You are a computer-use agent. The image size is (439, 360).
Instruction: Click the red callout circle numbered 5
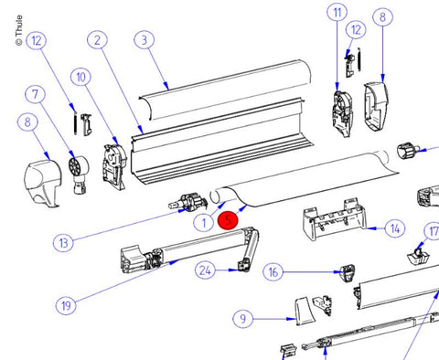[x=228, y=221]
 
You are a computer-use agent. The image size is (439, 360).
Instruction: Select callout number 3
[x=145, y=39]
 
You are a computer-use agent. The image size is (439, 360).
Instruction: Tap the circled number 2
[x=97, y=40]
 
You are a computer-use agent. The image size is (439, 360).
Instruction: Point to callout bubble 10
[x=80, y=78]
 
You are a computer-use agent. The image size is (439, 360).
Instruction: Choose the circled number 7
[x=36, y=94]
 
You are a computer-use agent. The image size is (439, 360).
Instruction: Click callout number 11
[x=337, y=12]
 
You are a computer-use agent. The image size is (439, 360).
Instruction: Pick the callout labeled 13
[x=63, y=243]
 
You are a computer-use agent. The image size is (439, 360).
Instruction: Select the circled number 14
[x=395, y=228]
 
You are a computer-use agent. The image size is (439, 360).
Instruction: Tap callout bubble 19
[x=66, y=305]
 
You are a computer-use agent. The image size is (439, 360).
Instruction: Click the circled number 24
[x=205, y=270]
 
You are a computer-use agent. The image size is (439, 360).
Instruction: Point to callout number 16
[x=273, y=272]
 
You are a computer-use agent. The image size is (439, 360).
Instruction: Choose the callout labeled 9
[x=242, y=319]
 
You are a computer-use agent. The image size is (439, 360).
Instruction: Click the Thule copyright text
[x=19, y=30]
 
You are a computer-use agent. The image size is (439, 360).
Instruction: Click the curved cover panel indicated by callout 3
[x=226, y=89]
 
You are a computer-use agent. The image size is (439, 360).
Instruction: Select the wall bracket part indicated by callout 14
[x=335, y=218]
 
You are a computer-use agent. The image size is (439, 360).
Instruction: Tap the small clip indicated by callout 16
[x=348, y=273]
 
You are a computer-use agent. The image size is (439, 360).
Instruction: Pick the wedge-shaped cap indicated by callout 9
[x=305, y=311]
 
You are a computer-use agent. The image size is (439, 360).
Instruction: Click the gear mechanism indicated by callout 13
[x=189, y=202]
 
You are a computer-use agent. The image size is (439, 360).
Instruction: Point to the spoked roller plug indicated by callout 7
[x=79, y=175]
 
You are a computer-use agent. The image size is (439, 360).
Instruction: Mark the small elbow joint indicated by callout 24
[x=244, y=266]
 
